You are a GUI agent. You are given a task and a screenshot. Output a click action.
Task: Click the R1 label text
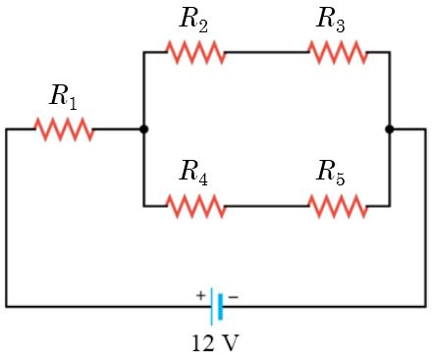64,96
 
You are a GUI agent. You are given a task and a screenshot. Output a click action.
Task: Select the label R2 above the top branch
193,19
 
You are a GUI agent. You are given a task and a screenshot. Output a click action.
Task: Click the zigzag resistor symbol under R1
64,129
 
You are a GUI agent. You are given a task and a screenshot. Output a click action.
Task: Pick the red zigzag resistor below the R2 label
195,52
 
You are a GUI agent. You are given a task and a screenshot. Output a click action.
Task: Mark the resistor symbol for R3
337,52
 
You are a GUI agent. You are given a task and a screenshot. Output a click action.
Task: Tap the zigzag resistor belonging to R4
195,206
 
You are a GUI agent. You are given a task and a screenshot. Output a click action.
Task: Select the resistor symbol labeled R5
337,206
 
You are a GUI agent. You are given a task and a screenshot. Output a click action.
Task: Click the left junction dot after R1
144,129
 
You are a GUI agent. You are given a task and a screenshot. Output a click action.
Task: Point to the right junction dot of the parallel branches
390,129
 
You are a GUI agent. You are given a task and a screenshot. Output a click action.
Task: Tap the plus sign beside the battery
200,294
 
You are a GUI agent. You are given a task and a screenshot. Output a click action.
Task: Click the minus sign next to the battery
234,294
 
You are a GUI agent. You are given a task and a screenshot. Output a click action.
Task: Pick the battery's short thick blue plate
221,307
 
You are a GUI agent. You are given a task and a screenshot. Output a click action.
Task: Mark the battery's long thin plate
211,307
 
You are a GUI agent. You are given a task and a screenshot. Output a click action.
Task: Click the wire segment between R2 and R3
266,52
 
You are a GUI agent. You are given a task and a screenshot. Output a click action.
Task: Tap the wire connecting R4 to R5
266,206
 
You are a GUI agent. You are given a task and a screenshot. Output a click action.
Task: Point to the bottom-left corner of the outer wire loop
7,306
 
